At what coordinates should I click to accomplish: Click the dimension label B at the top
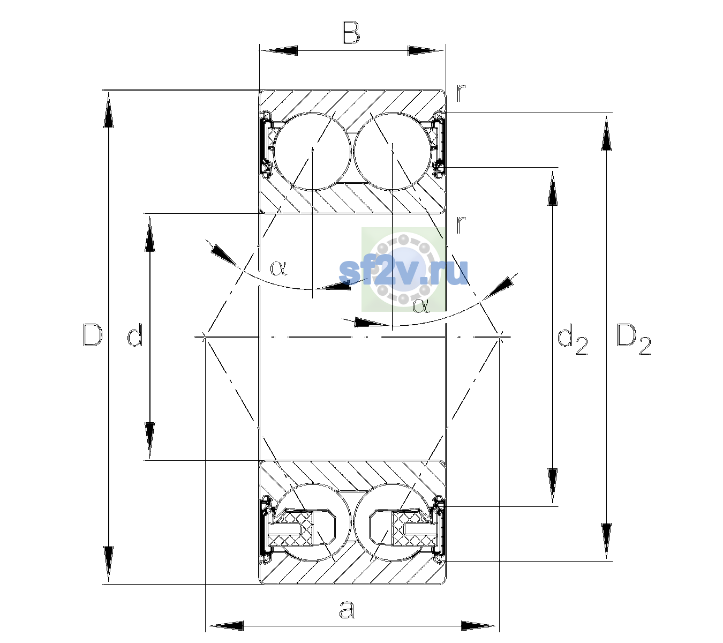[351, 33]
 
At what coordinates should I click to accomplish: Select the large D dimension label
[93, 335]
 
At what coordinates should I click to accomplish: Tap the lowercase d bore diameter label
[135, 335]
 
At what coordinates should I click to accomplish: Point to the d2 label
[572, 339]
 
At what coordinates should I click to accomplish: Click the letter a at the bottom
[347, 610]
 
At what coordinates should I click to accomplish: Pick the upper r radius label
[461, 93]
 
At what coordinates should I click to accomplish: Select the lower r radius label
[461, 224]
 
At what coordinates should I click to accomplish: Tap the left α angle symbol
[278, 268]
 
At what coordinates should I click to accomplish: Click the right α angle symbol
[421, 306]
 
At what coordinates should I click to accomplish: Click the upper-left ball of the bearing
[313, 152]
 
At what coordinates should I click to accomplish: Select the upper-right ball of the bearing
[392, 152]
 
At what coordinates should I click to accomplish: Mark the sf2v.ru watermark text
[403, 272]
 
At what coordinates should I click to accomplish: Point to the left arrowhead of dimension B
[278, 51]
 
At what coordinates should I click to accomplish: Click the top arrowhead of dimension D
[108, 109]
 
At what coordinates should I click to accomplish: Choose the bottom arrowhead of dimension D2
[606, 541]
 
